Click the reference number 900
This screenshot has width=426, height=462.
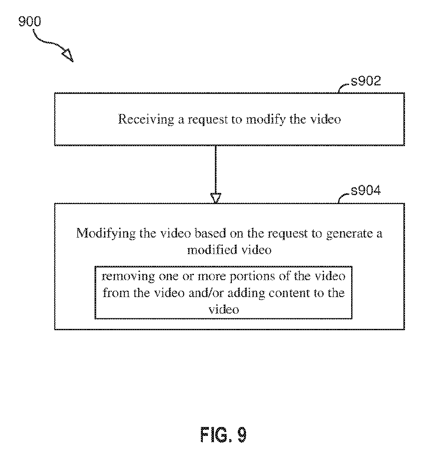pos(30,21)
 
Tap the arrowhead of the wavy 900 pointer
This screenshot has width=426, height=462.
pos(68,55)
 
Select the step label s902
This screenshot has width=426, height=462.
pos(366,81)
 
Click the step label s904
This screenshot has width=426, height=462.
pos(366,190)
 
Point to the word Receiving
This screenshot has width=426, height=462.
pos(146,120)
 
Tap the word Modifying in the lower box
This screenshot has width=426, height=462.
pos(106,233)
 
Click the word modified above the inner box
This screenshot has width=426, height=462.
pos(212,250)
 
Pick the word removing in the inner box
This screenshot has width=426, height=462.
pos(128,277)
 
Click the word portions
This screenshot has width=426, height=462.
pos(252,277)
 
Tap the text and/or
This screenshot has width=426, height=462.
pos(206,293)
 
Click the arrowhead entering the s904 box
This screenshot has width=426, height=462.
pos(216,198)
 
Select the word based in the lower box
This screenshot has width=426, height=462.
pos(210,233)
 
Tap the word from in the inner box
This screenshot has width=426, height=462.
pos(116,293)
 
